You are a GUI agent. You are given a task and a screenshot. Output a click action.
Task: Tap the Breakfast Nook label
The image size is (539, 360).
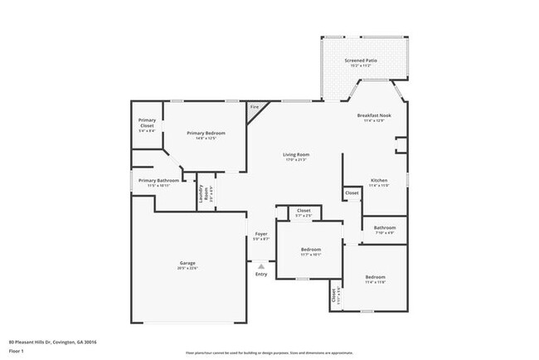pos(373,115)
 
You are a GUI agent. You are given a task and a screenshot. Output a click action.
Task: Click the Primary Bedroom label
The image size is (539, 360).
pos(206,133)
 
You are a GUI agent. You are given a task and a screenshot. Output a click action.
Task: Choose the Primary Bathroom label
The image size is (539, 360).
pos(158,180)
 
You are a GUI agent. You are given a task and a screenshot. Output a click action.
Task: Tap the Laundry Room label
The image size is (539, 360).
pos(202,193)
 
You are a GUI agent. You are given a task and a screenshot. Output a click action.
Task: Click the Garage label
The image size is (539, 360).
pos(188,263)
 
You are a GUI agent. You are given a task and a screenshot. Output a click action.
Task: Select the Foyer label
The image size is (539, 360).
pos(261,234)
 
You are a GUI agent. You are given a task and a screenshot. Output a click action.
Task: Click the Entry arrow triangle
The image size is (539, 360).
pos(261,265)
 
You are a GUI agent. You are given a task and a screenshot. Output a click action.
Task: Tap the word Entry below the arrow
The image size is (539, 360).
pos(261,274)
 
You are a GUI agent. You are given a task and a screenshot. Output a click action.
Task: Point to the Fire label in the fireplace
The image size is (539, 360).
pos(254,107)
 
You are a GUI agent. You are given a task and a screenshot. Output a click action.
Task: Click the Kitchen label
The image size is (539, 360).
pos(379,180)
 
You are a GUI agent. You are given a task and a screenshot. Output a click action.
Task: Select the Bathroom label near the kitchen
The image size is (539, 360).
pos(384,227)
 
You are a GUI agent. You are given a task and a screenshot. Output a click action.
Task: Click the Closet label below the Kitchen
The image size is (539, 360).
pos(352,192)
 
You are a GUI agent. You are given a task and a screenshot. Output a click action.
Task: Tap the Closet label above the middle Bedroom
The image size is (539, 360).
pos(303,211)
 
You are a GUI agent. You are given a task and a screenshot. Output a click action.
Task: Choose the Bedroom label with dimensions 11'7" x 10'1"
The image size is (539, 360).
pos(311,249)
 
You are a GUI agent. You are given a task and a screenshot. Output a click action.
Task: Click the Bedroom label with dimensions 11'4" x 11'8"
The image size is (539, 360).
pos(376,277)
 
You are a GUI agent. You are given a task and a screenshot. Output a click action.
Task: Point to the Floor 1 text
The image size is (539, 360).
pos(17,352)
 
